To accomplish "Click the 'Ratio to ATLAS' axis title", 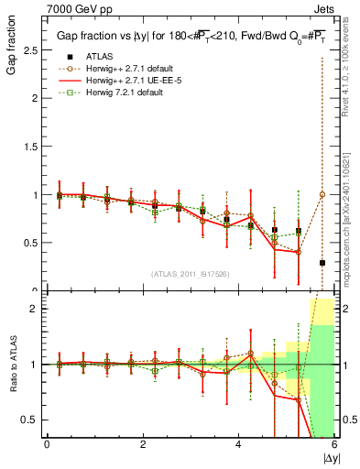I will coord(13,365).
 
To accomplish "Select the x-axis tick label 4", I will coord(239,444).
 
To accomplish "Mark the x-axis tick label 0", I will coord(47,444).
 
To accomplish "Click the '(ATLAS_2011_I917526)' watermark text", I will coord(190,274).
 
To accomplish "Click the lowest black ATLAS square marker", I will coord(322,263).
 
